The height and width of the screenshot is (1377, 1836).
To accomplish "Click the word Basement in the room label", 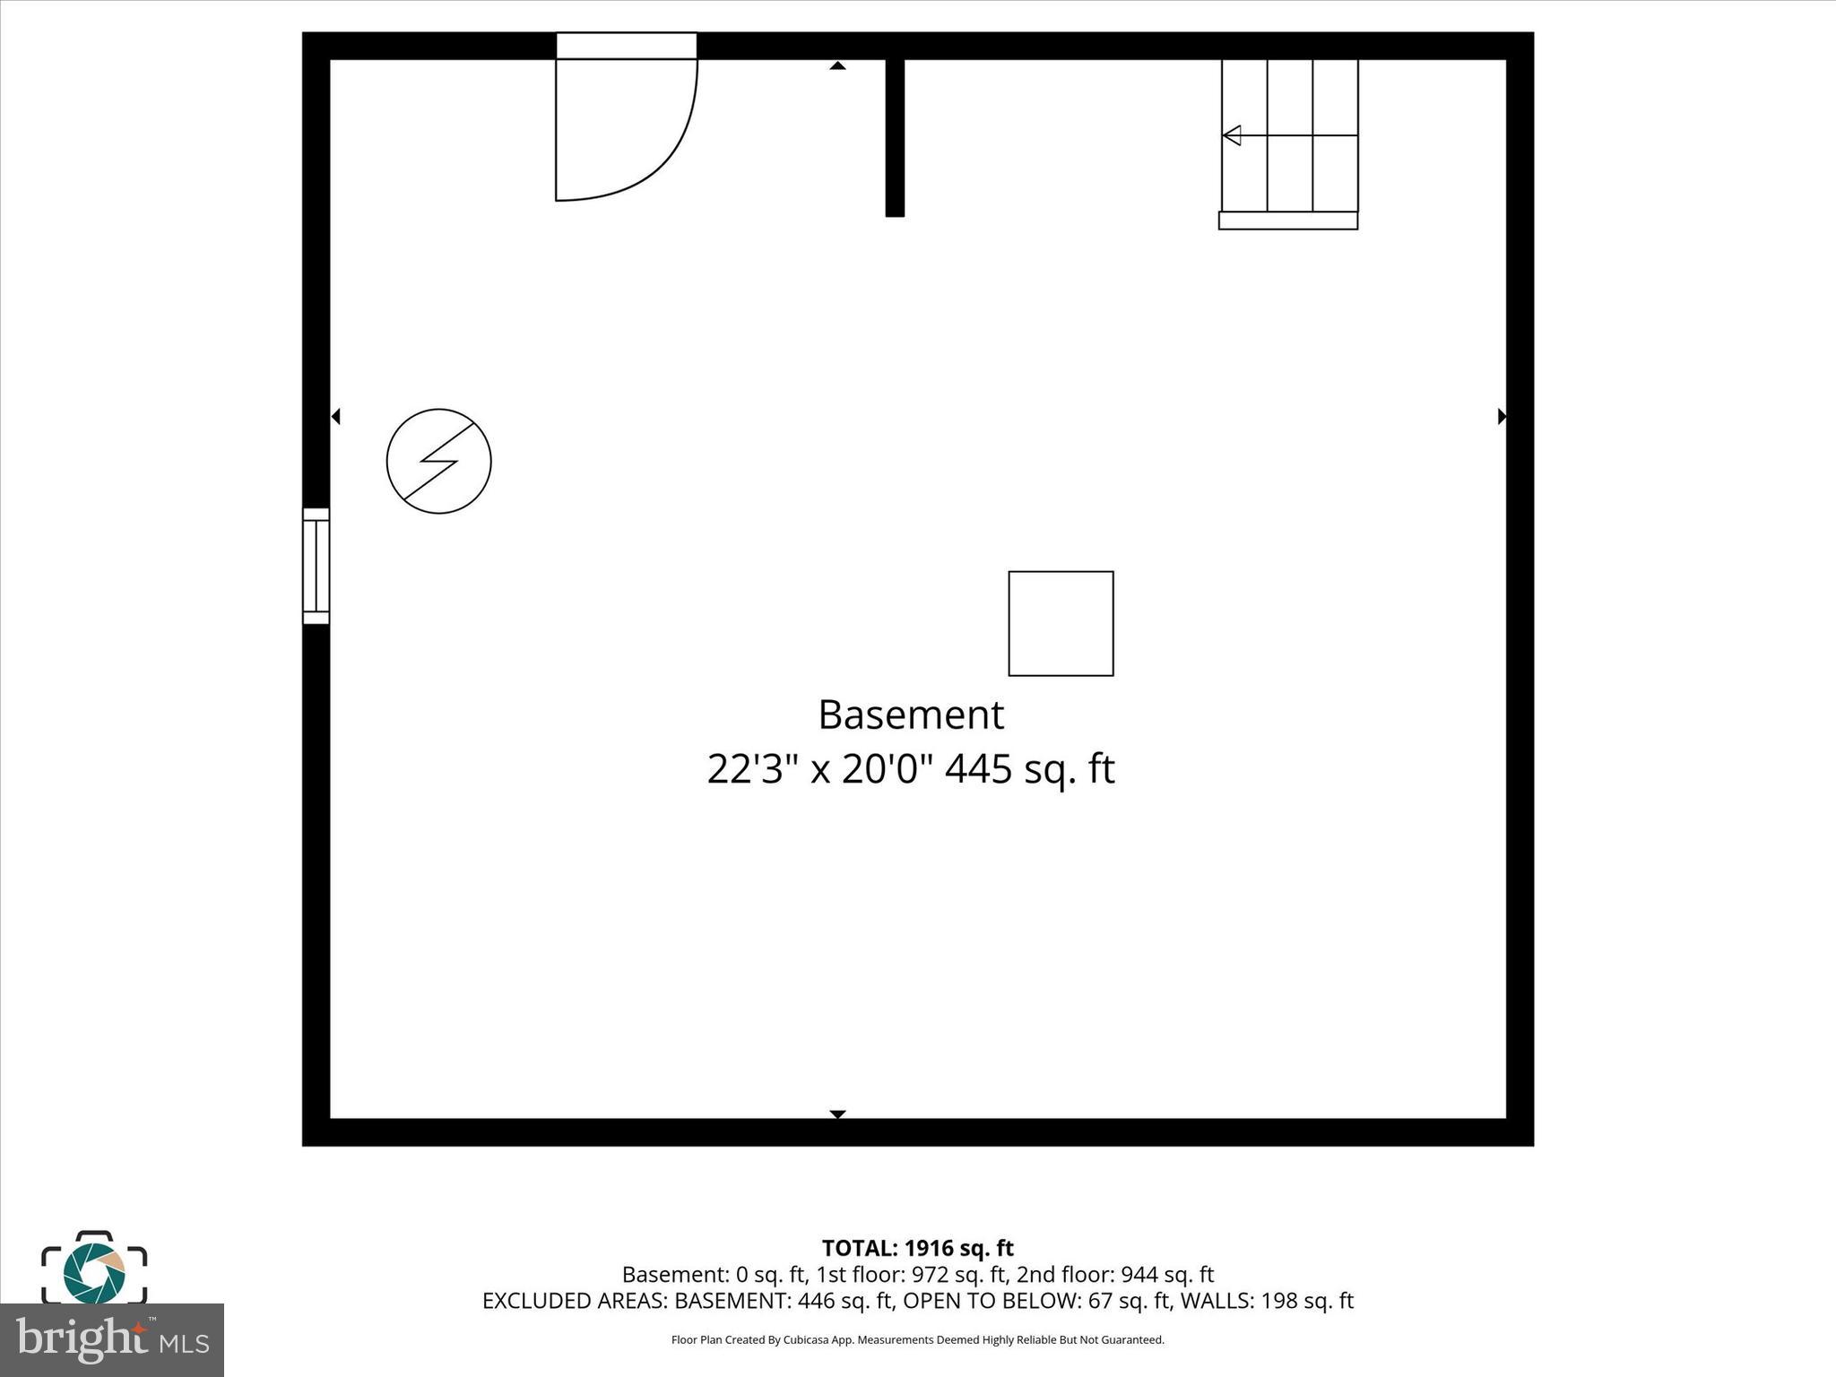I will [x=911, y=715].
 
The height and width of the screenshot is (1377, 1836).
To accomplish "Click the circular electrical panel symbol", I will [x=438, y=462].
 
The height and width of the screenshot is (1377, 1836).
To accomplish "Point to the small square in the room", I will [x=1061, y=623].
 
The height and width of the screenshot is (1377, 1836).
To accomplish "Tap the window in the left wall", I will [x=316, y=566].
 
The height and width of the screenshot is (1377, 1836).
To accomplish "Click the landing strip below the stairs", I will [x=1287, y=221].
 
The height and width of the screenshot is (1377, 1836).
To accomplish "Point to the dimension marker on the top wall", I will [x=837, y=65].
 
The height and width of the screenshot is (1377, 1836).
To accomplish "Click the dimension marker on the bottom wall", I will [x=837, y=1113].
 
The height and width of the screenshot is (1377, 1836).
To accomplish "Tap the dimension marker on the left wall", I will [x=336, y=416].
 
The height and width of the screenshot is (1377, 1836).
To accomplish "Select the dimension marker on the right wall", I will [x=1502, y=416].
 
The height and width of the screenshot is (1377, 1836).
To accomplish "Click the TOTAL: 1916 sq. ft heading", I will [x=917, y=1248].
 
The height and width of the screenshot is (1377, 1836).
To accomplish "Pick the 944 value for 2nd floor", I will [x=1139, y=1274].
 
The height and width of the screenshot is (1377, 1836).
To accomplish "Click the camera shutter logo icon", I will [x=94, y=1269].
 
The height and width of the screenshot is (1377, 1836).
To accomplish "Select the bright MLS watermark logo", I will [x=112, y=1340].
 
